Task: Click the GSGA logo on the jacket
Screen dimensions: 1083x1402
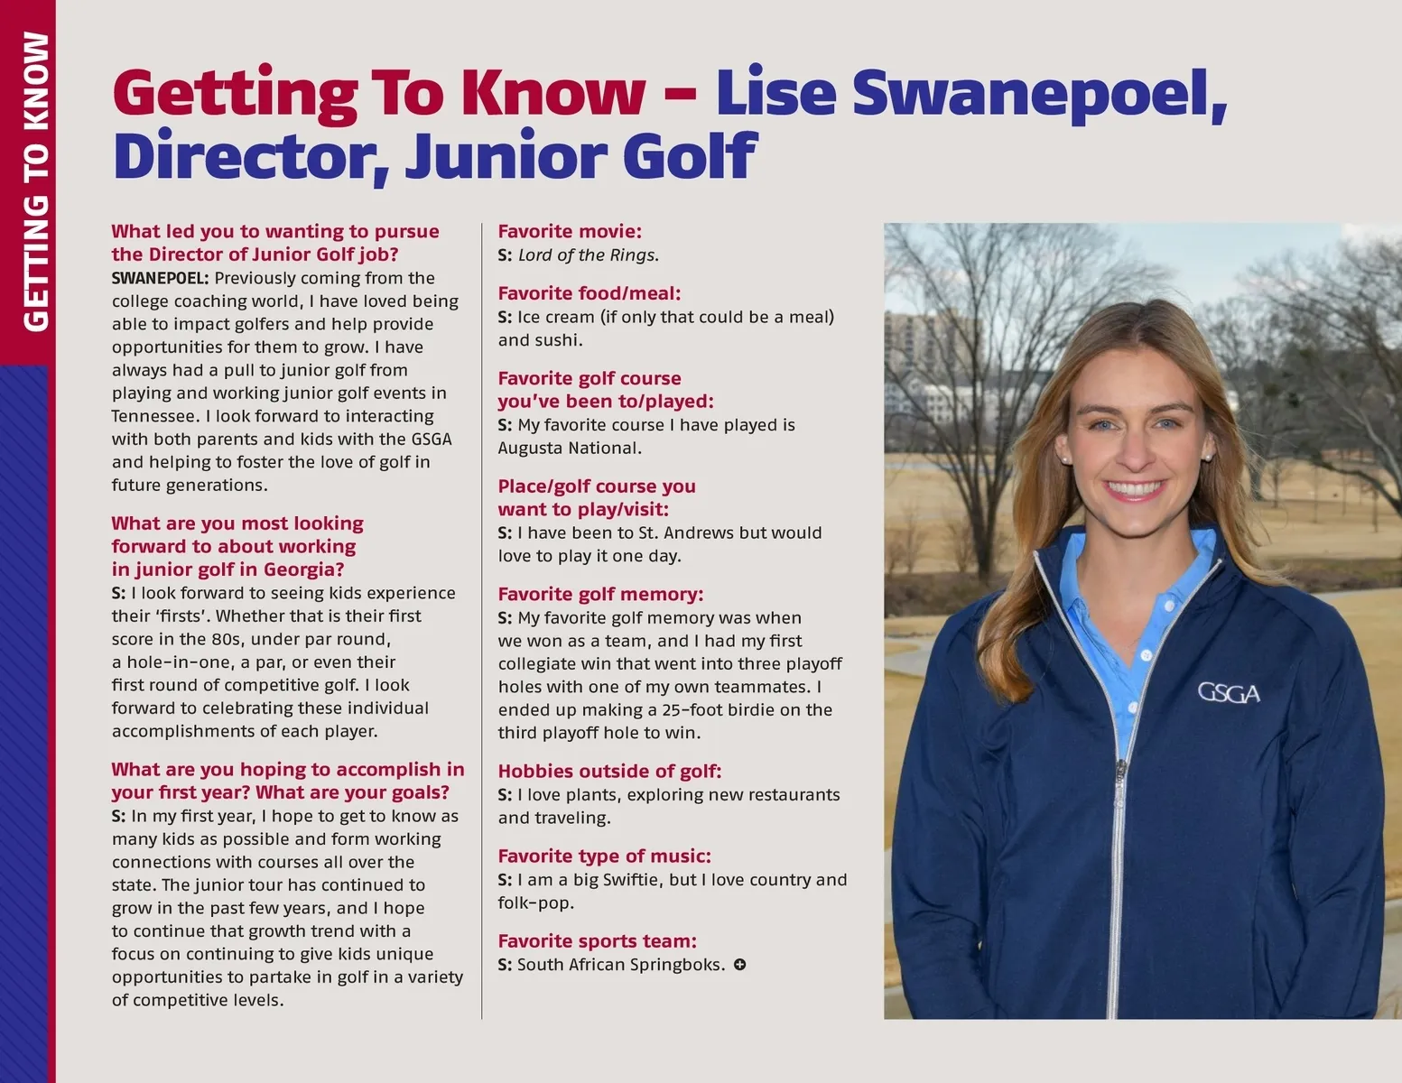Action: (x=1228, y=693)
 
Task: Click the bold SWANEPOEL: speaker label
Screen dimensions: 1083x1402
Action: (x=160, y=278)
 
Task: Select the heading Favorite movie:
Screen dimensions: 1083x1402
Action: (x=570, y=232)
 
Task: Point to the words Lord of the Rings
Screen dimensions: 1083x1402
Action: (x=588, y=255)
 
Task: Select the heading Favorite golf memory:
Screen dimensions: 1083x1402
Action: (x=600, y=595)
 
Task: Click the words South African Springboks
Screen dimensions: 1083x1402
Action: (x=620, y=965)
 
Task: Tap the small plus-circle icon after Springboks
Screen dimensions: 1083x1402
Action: (x=739, y=965)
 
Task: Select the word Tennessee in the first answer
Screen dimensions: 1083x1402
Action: (x=153, y=417)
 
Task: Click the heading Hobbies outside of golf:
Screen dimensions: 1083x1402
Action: (x=609, y=772)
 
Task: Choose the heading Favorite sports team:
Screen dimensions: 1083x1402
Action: (x=597, y=941)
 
